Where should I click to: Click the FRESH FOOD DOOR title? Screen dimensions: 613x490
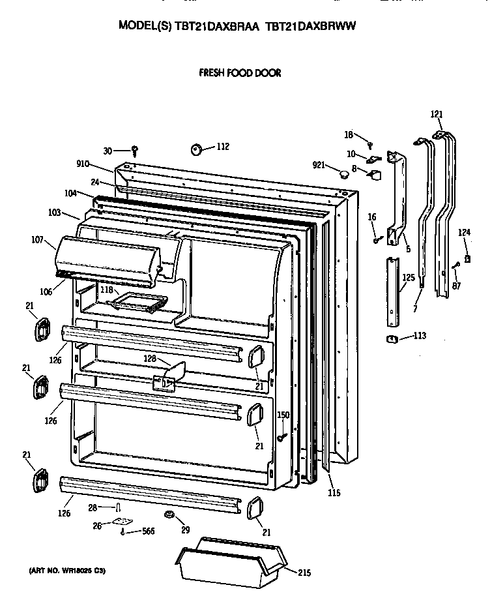(240, 73)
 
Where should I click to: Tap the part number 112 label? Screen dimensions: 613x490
(223, 147)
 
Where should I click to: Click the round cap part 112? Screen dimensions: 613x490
(197, 149)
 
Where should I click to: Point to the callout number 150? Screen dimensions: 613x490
(283, 415)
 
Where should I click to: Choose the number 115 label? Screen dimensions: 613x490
(334, 493)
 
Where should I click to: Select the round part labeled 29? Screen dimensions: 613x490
(170, 516)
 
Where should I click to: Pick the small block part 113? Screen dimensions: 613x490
(392, 338)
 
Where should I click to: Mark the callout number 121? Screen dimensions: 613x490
(436, 114)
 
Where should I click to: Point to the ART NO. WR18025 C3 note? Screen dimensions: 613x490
(67, 571)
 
